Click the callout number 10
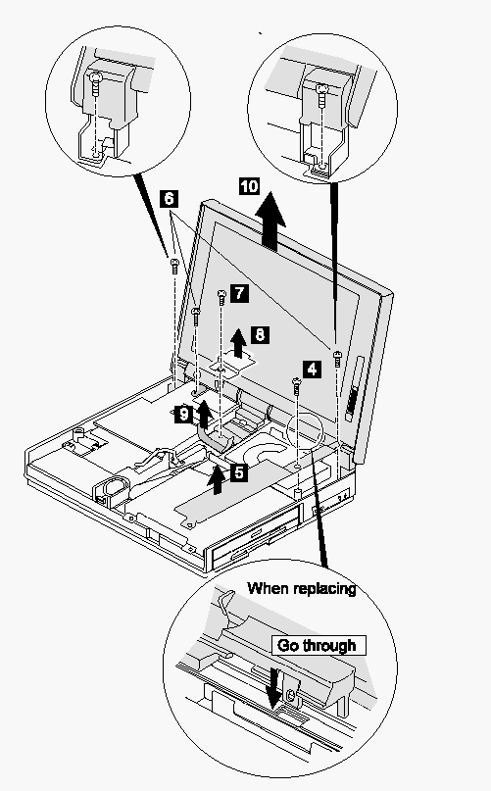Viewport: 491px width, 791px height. point(249,186)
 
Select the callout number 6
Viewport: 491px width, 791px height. point(169,198)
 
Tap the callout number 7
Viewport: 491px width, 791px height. point(239,293)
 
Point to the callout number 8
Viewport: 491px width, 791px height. point(260,334)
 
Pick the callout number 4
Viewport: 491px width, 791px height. point(313,370)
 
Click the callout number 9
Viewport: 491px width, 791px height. point(183,415)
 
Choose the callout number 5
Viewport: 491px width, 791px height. point(239,472)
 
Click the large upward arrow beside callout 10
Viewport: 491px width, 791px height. point(270,222)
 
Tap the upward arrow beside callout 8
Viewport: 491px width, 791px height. point(239,344)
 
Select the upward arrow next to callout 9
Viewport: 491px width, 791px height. point(204,413)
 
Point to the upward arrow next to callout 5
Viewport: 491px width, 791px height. point(218,479)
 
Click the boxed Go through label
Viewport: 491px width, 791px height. point(319,645)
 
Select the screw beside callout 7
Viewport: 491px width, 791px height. point(221,297)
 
